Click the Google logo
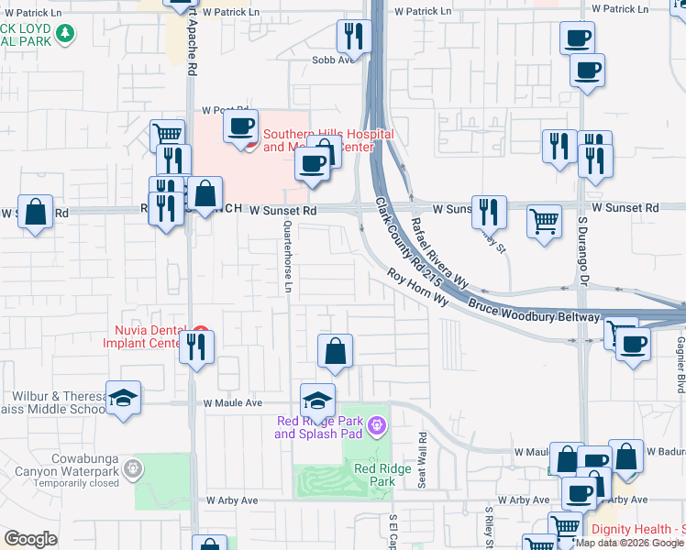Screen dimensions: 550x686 tap(30, 539)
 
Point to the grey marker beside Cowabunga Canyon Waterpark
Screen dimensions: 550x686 tap(134, 469)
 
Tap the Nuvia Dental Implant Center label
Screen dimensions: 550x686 tap(150, 337)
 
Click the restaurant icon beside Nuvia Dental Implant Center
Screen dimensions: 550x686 tap(197, 347)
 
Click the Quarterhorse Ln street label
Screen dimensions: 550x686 tap(288, 257)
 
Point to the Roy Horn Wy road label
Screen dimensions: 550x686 tap(416, 288)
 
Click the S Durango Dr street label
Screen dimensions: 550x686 tap(581, 247)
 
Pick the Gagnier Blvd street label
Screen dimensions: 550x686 tap(680, 357)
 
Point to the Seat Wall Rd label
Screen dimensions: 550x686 tap(422, 460)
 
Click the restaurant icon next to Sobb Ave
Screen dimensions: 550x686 tap(353, 38)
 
